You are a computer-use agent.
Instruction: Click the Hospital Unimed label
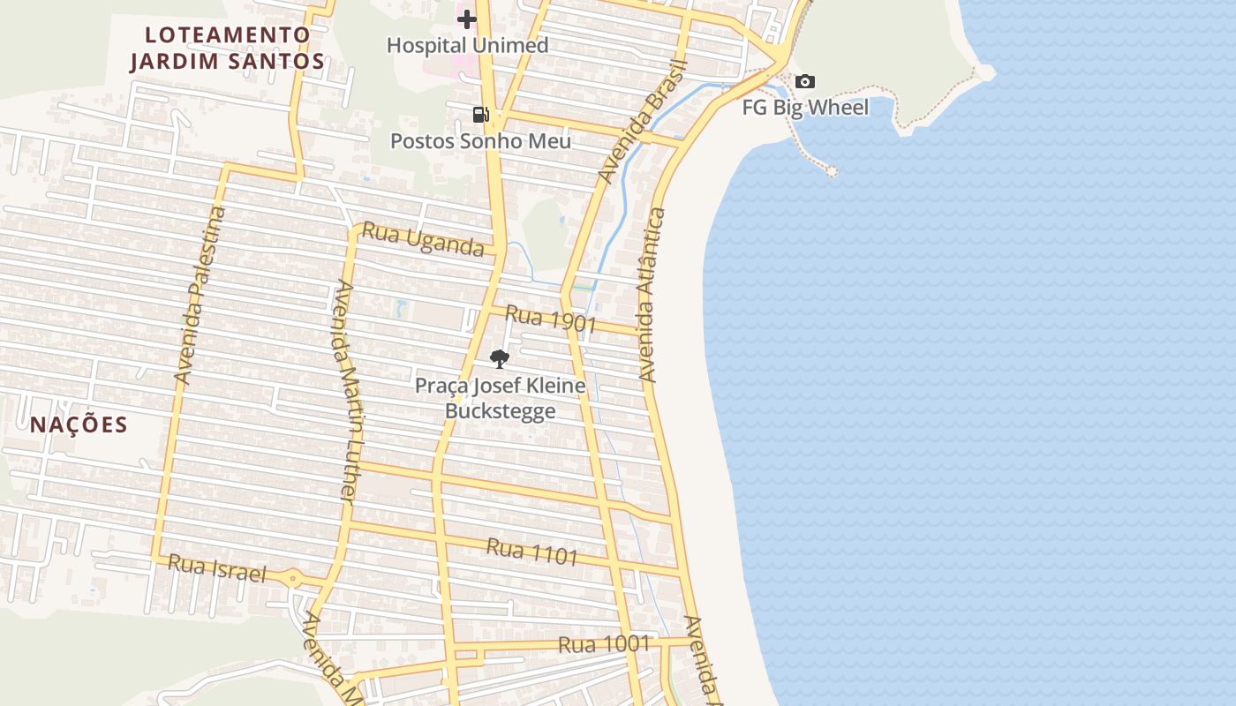point(467,45)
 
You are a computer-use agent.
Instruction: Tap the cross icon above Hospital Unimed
point(467,19)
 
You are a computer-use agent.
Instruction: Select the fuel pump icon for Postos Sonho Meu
point(480,114)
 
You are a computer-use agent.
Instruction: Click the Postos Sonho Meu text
point(480,140)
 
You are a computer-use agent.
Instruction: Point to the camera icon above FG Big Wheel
point(805,82)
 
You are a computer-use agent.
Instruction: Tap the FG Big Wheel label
point(805,108)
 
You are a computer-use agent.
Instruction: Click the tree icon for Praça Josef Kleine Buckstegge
point(500,358)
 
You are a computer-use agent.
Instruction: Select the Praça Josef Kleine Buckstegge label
point(501,398)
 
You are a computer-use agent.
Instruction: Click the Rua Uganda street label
point(424,240)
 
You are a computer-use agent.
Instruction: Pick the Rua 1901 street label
point(551,319)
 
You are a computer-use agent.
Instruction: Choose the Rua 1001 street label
point(604,644)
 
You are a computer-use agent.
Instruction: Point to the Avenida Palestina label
point(200,295)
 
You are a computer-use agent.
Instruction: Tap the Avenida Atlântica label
point(650,295)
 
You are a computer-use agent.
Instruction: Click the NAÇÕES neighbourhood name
point(79,424)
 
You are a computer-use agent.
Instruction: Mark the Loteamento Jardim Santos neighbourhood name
point(228,48)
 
